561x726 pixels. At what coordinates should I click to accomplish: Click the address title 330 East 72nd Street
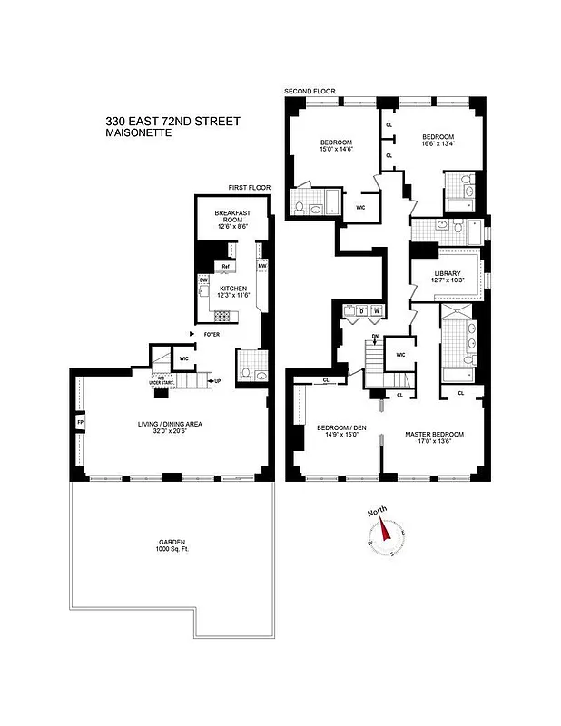[x=172, y=121]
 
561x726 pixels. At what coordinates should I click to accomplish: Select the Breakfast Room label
[x=231, y=220]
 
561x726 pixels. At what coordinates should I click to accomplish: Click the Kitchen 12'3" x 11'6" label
[x=234, y=291]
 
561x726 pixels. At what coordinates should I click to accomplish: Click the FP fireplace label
[x=80, y=423]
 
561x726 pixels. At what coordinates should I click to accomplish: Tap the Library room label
[x=447, y=278]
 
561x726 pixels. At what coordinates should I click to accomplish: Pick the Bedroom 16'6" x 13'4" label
[x=444, y=142]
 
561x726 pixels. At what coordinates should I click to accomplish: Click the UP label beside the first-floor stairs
[x=217, y=381]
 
